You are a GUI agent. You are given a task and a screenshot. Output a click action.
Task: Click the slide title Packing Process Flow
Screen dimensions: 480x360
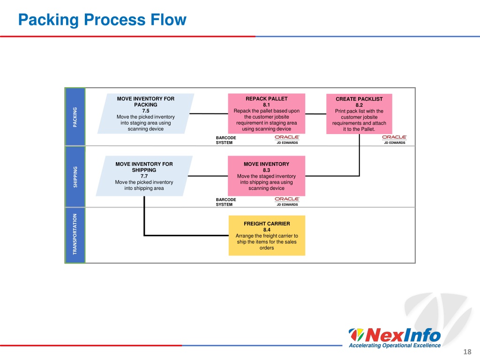coord(102,20)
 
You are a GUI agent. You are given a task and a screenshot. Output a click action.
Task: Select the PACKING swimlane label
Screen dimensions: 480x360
coord(75,117)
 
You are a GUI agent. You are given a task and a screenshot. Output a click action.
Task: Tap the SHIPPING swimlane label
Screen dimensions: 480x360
coord(75,177)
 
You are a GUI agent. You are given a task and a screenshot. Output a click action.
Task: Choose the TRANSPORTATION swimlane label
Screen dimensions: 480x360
coord(75,235)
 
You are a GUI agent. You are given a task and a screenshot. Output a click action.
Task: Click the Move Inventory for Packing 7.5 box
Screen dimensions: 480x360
coord(146,113)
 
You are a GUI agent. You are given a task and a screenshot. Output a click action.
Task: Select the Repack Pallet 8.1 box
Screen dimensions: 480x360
coord(267,113)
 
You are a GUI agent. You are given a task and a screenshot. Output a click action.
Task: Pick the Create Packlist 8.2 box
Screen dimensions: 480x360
coord(359,114)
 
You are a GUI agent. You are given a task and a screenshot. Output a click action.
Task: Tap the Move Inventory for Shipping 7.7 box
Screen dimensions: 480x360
coord(144,176)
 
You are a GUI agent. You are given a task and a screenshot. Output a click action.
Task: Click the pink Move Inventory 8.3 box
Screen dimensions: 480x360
coord(266,176)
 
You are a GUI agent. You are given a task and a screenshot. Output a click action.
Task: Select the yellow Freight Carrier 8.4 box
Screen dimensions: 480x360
coord(267,235)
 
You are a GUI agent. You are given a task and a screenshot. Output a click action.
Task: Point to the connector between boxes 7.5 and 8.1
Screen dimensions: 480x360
coord(209,113)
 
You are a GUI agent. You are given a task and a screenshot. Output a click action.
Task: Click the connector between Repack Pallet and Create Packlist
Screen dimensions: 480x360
coord(315,114)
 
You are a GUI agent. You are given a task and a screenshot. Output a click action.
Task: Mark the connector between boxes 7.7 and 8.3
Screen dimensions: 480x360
coord(208,176)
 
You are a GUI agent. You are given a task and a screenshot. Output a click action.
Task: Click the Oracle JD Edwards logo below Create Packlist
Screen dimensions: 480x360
coord(394,140)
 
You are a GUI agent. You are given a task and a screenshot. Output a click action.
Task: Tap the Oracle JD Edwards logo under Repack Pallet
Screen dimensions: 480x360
coord(287,140)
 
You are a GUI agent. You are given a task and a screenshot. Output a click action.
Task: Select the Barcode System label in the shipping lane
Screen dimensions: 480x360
coord(226,202)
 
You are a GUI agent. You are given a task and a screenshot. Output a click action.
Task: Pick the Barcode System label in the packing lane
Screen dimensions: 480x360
coord(226,140)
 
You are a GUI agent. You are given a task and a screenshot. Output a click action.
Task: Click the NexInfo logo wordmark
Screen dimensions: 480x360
coord(395,335)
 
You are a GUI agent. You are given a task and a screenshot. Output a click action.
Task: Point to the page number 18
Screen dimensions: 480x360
coord(467,352)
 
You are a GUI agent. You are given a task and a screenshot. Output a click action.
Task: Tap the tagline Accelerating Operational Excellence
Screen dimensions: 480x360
coord(395,345)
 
